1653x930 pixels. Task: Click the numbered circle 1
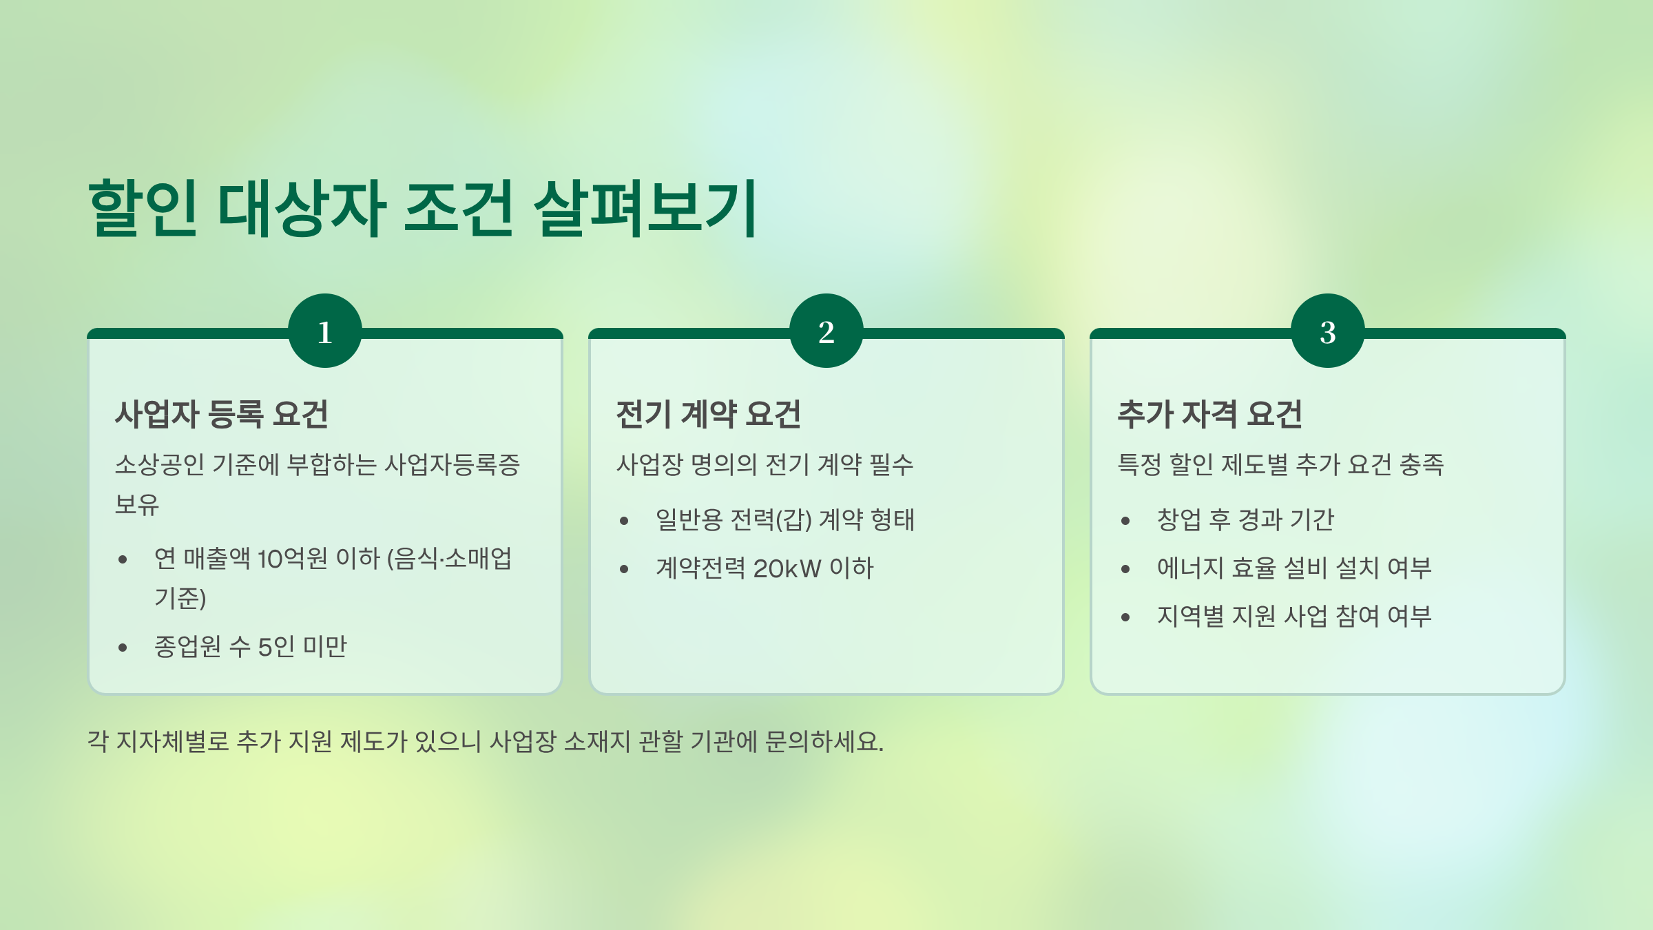pos(325,331)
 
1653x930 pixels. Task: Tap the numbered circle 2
pos(826,331)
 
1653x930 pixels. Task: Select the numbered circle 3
pos(1327,331)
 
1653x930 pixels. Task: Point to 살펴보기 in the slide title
pos(645,208)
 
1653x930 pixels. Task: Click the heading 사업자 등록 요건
pos(222,414)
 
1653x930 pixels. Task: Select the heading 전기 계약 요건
pos(708,414)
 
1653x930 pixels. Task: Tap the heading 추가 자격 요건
pos(1209,414)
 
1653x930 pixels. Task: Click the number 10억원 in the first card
pos(292,559)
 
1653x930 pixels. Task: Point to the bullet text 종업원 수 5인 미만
pos(251,647)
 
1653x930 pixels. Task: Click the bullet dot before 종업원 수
pos(123,648)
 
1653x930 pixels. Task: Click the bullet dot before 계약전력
pos(624,570)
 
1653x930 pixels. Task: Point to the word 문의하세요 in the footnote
pos(824,742)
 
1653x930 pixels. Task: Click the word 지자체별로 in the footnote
pos(172,742)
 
